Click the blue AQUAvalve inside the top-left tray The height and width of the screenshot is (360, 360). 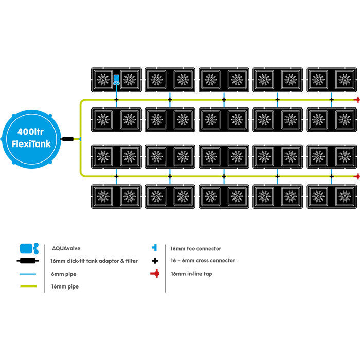(x=116, y=79)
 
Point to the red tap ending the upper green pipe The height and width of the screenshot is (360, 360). (x=356, y=99)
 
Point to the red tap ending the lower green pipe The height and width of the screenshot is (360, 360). (x=356, y=176)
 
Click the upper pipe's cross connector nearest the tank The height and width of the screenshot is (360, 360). (x=116, y=99)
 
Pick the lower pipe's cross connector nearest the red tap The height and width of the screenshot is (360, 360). (x=332, y=176)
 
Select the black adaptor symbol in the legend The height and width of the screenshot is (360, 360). (x=29, y=261)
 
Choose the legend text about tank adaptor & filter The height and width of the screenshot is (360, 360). (x=94, y=261)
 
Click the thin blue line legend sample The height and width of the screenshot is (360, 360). (x=29, y=274)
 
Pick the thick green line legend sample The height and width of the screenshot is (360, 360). (x=29, y=286)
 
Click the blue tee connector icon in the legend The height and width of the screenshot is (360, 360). (x=154, y=248)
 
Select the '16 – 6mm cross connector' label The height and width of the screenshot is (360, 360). (x=202, y=261)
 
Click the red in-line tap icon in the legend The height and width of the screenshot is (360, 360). (x=154, y=274)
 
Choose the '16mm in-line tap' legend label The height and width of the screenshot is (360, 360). (x=191, y=274)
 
